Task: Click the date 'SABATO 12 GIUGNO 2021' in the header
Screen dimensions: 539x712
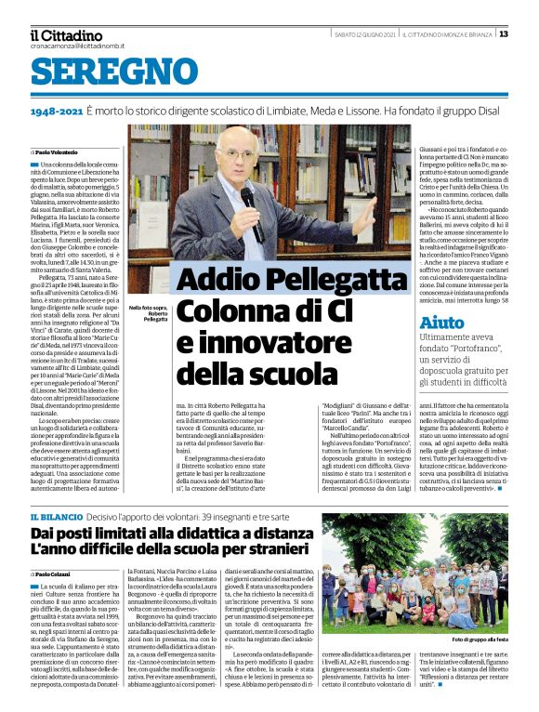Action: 364,34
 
